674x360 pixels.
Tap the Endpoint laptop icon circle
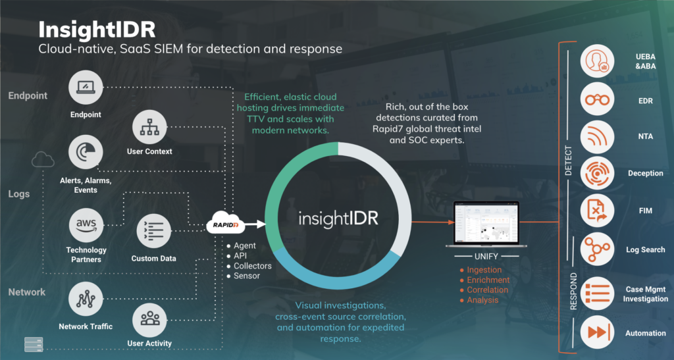(87, 88)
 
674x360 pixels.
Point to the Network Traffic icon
(86, 299)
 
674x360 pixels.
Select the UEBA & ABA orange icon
(598, 62)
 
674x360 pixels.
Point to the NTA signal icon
(598, 137)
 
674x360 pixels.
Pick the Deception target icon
(598, 174)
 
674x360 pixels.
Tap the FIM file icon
(598, 211)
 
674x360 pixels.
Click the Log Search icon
(598, 250)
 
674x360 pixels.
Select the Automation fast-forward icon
(598, 332)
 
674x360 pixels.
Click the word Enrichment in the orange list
(487, 280)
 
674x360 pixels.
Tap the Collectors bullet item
(252, 266)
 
